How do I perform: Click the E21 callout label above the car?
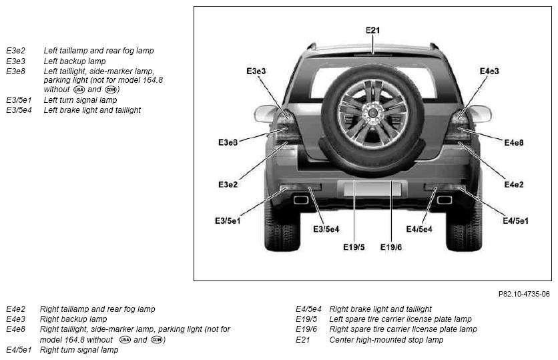372,30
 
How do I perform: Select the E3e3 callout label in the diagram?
256,71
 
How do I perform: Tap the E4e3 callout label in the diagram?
489,71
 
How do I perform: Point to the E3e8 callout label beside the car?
228,142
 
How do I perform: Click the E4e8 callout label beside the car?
514,143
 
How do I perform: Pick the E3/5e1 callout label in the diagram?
228,221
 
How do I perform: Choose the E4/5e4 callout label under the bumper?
419,229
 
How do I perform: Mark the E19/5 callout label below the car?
354,246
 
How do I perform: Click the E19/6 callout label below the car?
391,246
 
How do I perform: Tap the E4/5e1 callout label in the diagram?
516,221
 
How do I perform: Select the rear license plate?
372,188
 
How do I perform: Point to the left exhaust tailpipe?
301,200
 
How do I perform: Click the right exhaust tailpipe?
444,200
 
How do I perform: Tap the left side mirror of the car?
265,114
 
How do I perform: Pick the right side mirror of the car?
480,114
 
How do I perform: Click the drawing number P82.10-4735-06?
524,294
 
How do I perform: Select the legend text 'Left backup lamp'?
75,61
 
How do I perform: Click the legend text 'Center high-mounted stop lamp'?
386,340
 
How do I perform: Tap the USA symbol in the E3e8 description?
79,89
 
